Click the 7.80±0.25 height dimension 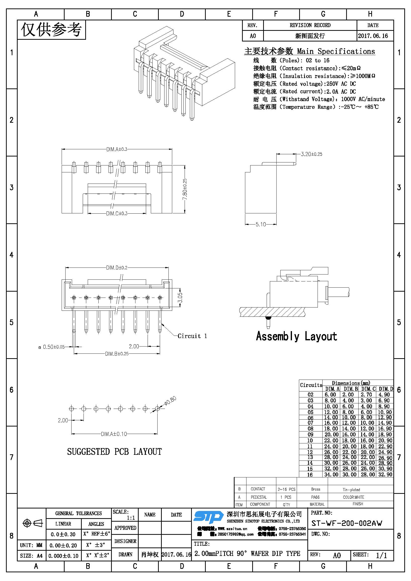tap(185, 189)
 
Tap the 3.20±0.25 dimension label tap(311, 154)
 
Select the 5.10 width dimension tap(261, 225)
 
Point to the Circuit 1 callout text tap(192, 336)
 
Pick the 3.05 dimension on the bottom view tap(180, 298)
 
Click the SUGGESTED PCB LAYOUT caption tap(114, 452)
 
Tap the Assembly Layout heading tap(296, 336)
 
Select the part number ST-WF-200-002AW tap(346, 523)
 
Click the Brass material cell tap(316, 489)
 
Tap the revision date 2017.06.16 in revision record tap(373, 36)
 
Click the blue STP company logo tap(208, 517)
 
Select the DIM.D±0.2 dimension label tap(117, 268)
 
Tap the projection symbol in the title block tap(33, 523)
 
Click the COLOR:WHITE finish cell tap(353, 497)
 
